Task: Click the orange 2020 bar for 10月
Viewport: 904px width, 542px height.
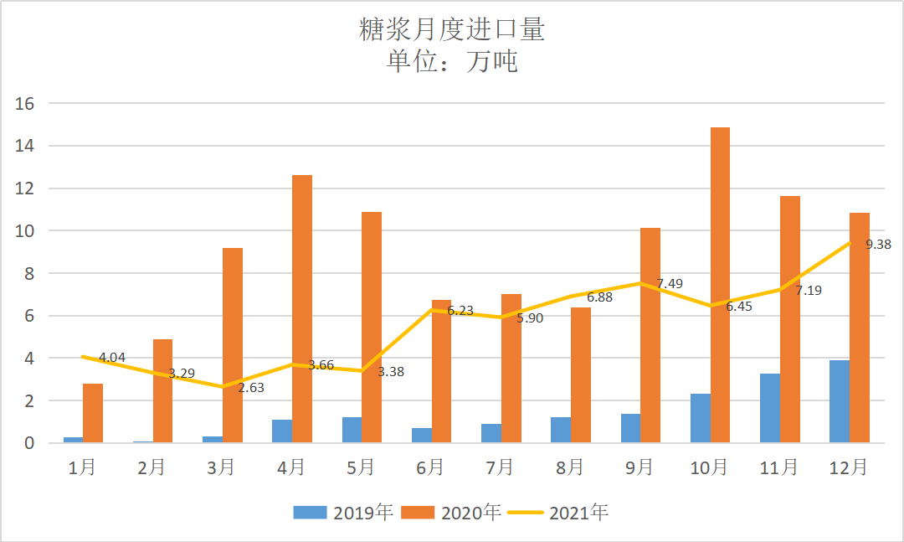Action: pyautogui.click(x=720, y=285)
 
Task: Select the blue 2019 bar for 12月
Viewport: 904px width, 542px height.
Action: pyautogui.click(x=840, y=401)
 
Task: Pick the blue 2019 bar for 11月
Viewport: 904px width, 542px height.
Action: pyautogui.click(x=770, y=408)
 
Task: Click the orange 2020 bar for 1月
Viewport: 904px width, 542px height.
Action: pyautogui.click(x=93, y=413)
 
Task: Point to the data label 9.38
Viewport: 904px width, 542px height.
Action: pyautogui.click(x=878, y=245)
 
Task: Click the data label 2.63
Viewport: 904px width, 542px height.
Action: pyautogui.click(x=251, y=387)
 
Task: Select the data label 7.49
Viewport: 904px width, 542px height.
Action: pyautogui.click(x=670, y=284)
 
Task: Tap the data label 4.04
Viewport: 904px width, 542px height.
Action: pyautogui.click(x=112, y=358)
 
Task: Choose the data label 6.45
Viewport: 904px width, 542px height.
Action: pyautogui.click(x=739, y=307)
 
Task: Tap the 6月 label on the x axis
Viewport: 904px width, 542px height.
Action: pyautogui.click(x=430, y=467)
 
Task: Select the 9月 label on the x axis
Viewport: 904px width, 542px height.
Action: pyautogui.click(x=639, y=467)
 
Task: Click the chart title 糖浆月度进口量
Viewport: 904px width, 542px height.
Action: pyautogui.click(x=452, y=30)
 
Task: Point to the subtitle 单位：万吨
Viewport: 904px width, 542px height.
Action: pyautogui.click(x=452, y=61)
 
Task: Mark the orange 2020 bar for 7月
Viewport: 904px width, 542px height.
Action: pyautogui.click(x=511, y=369)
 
